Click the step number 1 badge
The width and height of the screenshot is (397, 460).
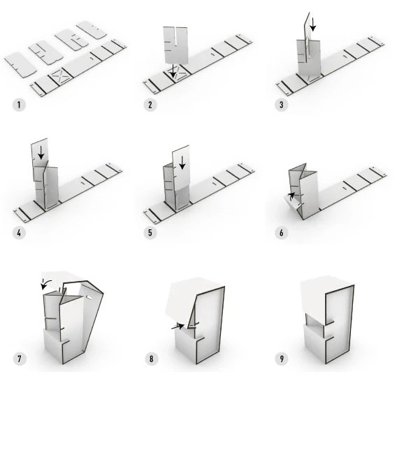point(19,105)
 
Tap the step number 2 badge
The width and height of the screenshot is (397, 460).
point(150,105)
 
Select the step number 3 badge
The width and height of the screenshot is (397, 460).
point(281,105)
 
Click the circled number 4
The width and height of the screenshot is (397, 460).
point(19,233)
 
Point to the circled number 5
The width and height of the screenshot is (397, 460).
point(150,233)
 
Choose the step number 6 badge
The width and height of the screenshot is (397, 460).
point(281,233)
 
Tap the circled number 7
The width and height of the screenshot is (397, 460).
point(20,359)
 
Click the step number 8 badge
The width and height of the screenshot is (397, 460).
point(151,359)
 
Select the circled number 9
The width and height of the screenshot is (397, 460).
point(282,359)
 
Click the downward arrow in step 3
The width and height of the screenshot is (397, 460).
point(313,24)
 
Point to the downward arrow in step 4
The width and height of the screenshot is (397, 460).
point(41,152)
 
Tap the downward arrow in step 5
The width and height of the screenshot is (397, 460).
point(182,162)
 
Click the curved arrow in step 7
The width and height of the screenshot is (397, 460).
point(45,283)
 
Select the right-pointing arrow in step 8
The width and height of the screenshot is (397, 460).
point(178,326)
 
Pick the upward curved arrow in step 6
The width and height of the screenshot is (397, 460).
point(291,195)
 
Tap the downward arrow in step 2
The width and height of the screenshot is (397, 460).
point(173,71)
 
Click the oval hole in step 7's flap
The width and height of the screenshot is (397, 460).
point(89,298)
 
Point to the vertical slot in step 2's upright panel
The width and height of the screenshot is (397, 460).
point(175,36)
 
